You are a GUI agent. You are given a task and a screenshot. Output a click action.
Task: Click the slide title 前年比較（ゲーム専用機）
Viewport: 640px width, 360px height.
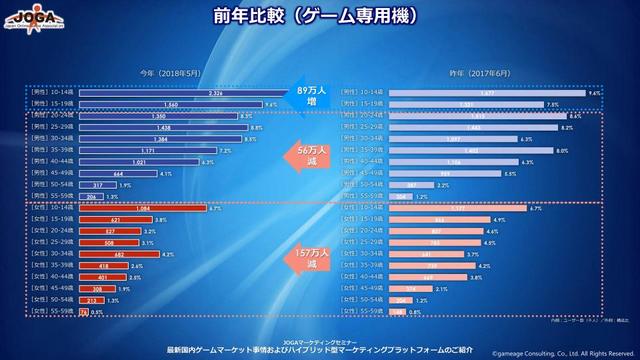click(x=319, y=17)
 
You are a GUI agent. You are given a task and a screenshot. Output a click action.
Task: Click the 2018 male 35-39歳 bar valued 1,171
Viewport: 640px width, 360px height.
click(x=124, y=150)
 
